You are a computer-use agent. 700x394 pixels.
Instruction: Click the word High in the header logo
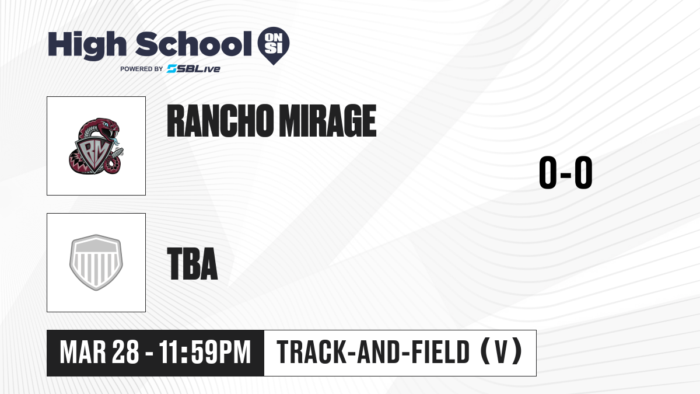(87, 46)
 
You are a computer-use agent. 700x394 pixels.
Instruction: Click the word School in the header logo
(194, 44)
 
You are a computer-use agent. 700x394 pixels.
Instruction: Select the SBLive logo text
(194, 69)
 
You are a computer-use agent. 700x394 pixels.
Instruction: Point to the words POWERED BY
(142, 69)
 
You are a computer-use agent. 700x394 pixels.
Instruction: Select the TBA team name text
(192, 263)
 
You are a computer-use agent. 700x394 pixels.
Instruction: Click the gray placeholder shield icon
(96, 262)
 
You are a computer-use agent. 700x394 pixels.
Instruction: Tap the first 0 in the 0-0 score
(548, 172)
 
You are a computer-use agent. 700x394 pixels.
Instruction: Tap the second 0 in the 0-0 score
(583, 172)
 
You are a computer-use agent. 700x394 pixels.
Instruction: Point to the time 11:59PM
(205, 352)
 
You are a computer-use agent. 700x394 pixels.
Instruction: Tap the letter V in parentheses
(501, 352)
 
